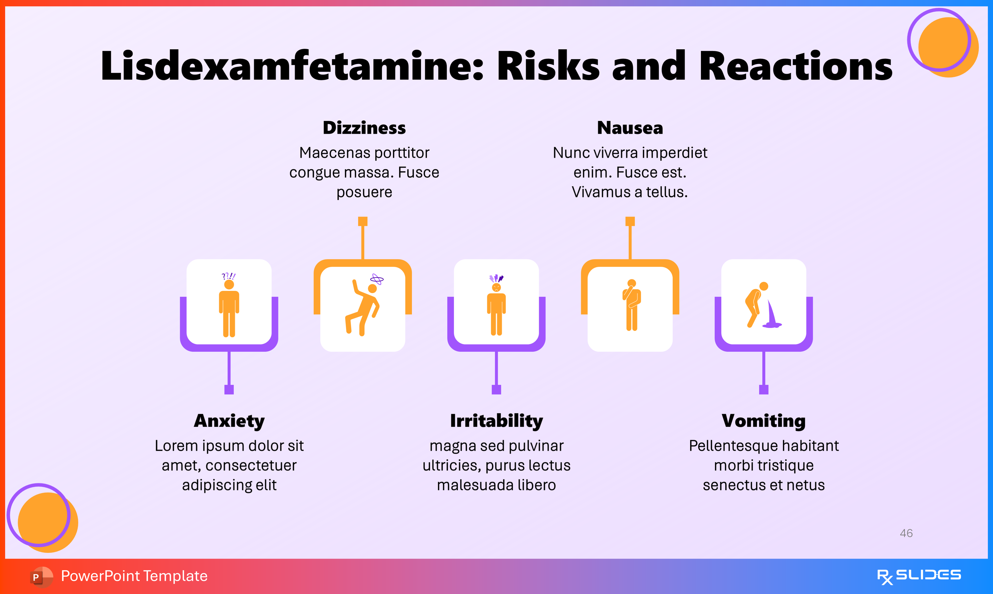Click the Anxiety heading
coord(229,421)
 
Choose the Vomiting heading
coord(764,421)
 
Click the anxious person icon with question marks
coord(229,306)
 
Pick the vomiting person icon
coord(763,306)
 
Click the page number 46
coord(906,533)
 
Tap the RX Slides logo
coord(919,576)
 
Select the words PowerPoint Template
coord(134,576)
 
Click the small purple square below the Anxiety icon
coord(229,389)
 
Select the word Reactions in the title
coord(796,66)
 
